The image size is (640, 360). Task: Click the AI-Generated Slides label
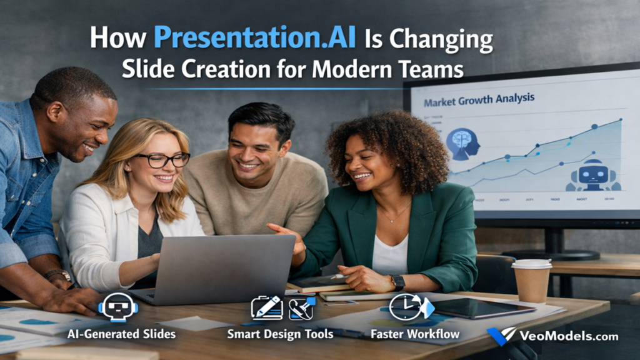[x=121, y=334]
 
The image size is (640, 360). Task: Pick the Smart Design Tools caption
[x=279, y=334]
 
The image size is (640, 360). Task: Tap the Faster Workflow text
[x=415, y=334]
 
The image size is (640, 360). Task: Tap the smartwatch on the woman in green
[x=397, y=282]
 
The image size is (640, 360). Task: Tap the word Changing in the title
[x=441, y=39]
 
